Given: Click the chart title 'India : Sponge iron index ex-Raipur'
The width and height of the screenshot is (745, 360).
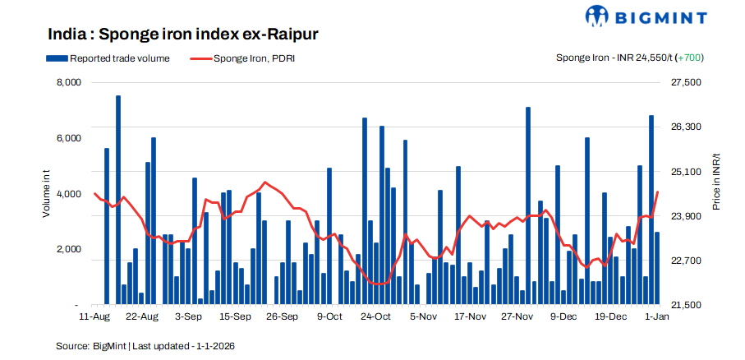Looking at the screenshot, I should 182,35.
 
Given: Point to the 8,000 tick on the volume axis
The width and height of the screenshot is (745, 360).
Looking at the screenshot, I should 68,83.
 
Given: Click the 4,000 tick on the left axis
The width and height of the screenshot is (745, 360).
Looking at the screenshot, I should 68,194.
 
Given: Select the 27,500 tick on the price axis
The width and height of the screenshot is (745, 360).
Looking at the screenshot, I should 688,83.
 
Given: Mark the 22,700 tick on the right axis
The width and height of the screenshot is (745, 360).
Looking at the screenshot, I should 688,261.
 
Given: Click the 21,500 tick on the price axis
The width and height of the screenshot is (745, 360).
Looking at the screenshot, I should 688,305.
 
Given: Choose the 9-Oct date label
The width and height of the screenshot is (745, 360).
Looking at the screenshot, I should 329,316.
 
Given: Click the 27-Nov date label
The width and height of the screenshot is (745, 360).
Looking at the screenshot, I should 518,316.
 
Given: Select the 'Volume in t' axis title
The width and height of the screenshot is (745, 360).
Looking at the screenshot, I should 47,194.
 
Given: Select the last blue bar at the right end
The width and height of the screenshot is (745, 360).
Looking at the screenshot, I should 657,268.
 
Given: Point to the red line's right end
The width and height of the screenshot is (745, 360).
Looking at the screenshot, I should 658,192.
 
